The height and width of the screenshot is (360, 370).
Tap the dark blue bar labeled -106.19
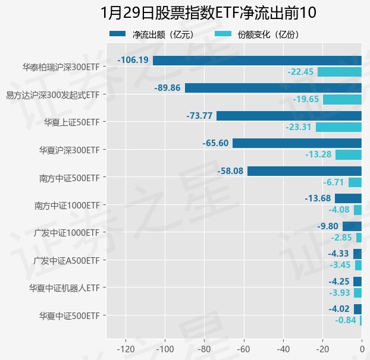pos(257,60)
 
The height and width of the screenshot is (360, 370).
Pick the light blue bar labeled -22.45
pos(339,72)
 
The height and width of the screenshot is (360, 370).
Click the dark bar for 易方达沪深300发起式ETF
pos(273,88)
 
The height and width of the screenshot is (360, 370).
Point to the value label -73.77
pos(199,115)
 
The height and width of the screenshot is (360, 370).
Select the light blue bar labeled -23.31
pos(338,127)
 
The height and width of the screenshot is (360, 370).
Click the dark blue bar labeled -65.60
pos(297,143)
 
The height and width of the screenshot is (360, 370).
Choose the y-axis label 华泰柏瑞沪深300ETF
pos(60,67)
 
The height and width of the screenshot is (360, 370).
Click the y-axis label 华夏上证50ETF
pos(71,122)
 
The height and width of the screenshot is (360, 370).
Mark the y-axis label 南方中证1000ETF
pos(67,206)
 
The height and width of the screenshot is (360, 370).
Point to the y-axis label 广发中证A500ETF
pos(66,260)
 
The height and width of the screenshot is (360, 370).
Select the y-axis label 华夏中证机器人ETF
pos(64,288)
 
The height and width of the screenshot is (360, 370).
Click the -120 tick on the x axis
pos(126,348)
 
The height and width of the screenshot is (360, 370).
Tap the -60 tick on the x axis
pos(244,348)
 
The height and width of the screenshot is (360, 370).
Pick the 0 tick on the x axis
pos(362,348)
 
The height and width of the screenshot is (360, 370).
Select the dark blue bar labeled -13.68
pos(348,198)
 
